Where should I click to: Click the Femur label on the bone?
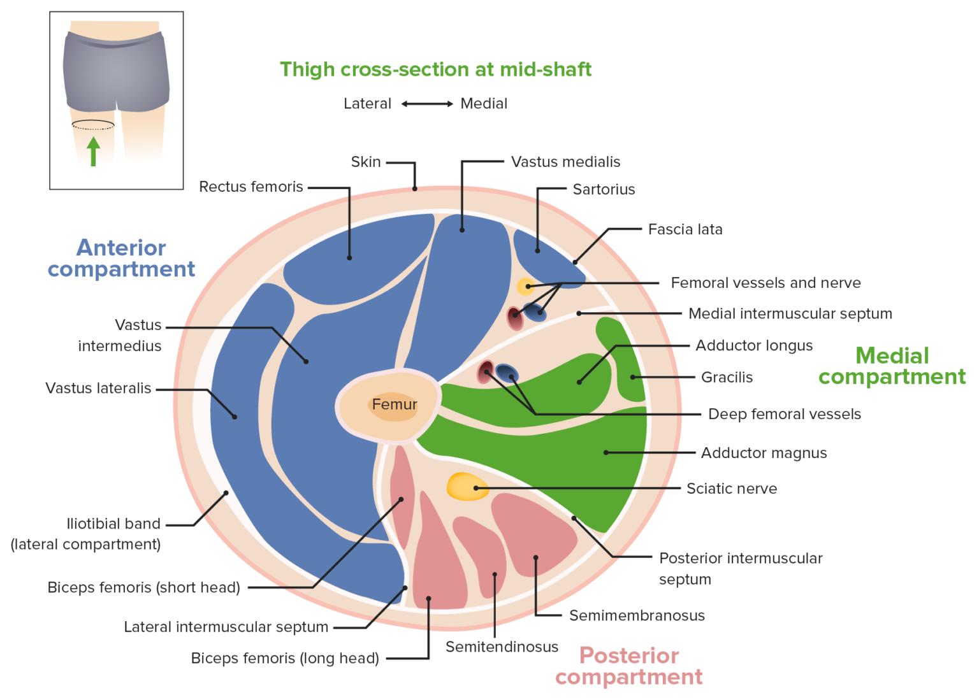pos(395,404)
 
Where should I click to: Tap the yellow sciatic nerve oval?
pos(467,487)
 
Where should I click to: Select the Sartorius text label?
pos(604,189)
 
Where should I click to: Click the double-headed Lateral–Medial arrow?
pos(427,104)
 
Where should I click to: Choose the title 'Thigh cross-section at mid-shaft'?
pos(435,69)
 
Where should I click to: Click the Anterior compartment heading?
pos(121,258)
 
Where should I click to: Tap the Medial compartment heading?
pos(892,366)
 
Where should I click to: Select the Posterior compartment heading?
pos(629,666)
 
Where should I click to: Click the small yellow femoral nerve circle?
pos(525,287)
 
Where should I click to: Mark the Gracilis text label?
pos(727,377)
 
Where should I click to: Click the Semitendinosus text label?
pos(502,646)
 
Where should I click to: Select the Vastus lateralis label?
pos(98,388)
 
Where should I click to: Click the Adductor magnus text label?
pos(764,453)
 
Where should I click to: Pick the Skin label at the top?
pos(366,162)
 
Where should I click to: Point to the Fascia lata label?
pos(685,229)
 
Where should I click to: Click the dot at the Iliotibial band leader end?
pos(226,492)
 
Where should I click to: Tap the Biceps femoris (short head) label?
pos(144,587)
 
